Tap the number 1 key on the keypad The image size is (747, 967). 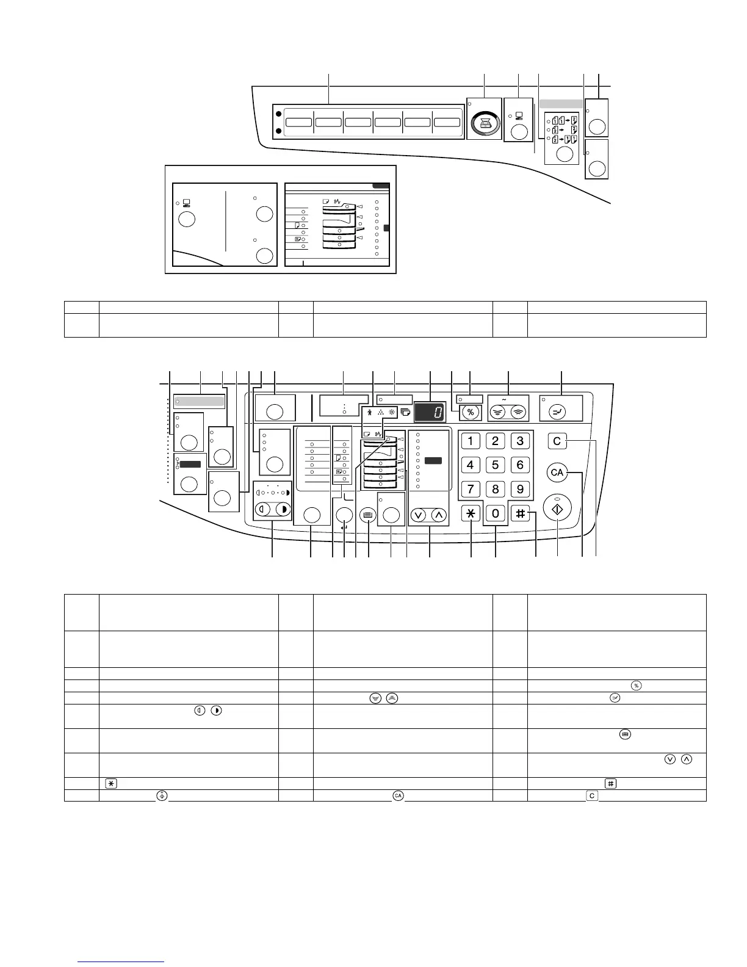pyautogui.click(x=470, y=441)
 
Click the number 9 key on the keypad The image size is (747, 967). pyautogui.click(x=520, y=489)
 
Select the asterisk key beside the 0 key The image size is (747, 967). pyautogui.click(x=471, y=514)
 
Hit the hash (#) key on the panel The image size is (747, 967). pyautogui.click(x=521, y=514)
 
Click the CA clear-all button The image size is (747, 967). pyautogui.click(x=557, y=472)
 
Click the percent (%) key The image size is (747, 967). pyautogui.click(x=470, y=412)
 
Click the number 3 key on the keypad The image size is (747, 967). pyautogui.click(x=520, y=441)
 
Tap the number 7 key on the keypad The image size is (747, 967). pyautogui.click(x=470, y=489)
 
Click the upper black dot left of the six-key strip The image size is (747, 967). pyautogui.click(x=278, y=114)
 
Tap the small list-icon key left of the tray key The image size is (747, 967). pyautogui.click(x=367, y=515)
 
